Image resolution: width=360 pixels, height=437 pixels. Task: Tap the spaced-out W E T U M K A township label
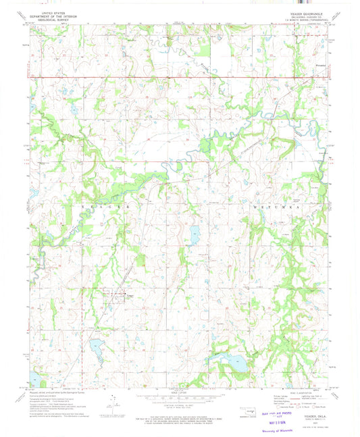click(x=270, y=203)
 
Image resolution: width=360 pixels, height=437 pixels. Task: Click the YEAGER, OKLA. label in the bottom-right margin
click(x=316, y=397)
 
